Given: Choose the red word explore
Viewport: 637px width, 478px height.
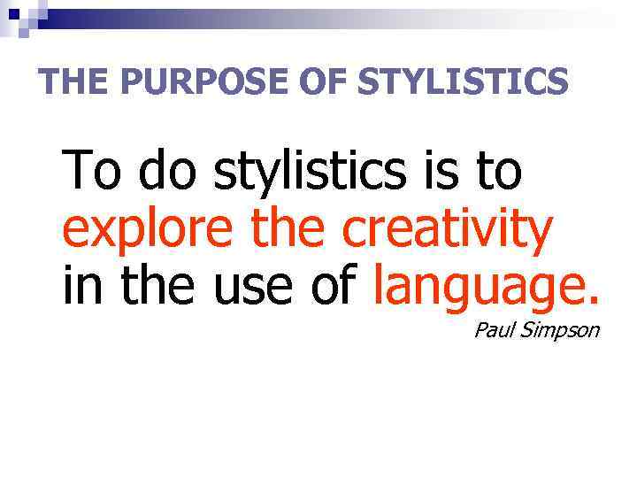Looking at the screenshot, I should (x=149, y=231).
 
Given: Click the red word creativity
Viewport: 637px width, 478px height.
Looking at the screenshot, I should (x=447, y=231).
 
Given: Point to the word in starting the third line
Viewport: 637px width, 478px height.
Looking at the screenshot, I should (x=81, y=287).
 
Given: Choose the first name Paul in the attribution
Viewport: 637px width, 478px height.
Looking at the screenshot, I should (x=493, y=331).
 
